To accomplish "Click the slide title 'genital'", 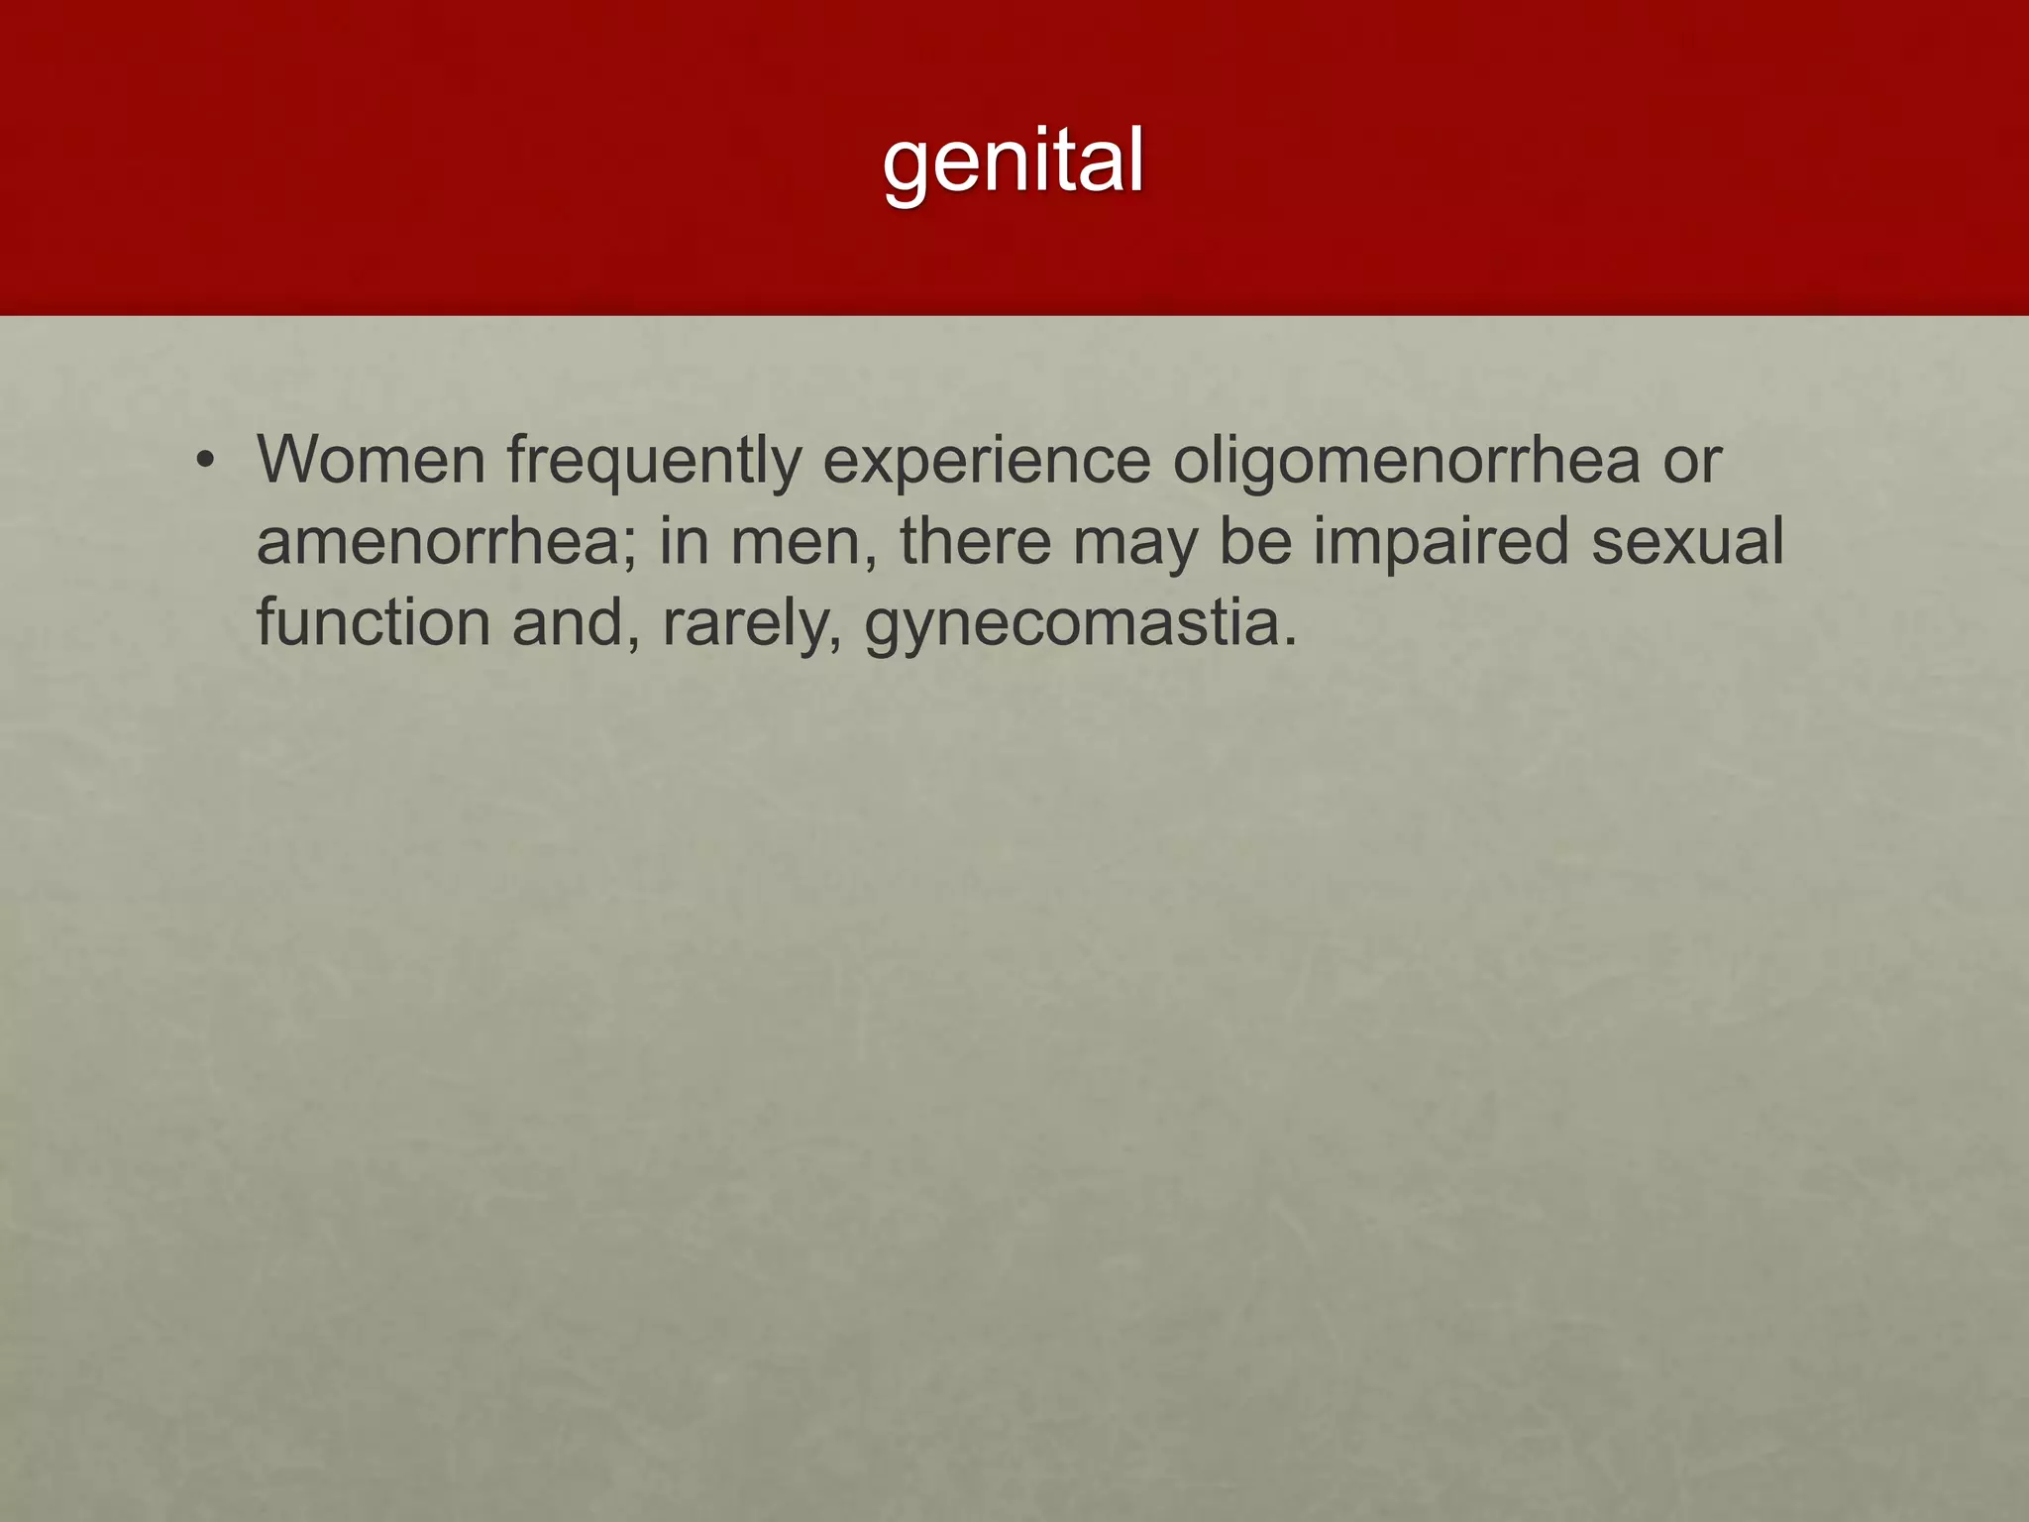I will tap(1014, 161).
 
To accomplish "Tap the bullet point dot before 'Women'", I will tap(205, 461).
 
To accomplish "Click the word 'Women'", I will tap(371, 461).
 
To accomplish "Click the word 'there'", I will tap(976, 543).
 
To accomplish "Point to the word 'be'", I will tap(1255, 543).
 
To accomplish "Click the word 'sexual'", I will tap(1687, 543).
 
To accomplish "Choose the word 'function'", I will tap(374, 624).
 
